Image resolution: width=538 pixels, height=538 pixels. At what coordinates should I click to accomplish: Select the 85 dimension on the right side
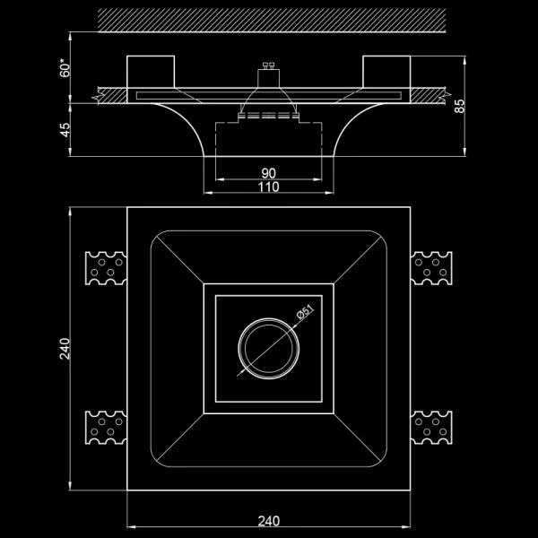pyautogui.click(x=460, y=106)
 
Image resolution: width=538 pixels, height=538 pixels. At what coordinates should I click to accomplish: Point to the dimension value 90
pyautogui.click(x=269, y=173)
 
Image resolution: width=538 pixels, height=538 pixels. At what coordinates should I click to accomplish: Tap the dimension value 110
pyautogui.click(x=269, y=187)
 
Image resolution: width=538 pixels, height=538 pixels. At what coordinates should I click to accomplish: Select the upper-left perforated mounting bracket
pyautogui.click(x=104, y=266)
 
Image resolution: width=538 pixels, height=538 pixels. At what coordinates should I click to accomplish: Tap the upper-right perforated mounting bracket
pyautogui.click(x=434, y=266)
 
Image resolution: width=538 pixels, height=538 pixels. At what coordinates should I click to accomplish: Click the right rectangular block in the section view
pyautogui.click(x=386, y=71)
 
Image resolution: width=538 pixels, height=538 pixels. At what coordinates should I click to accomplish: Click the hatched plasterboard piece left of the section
pyautogui.click(x=113, y=92)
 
